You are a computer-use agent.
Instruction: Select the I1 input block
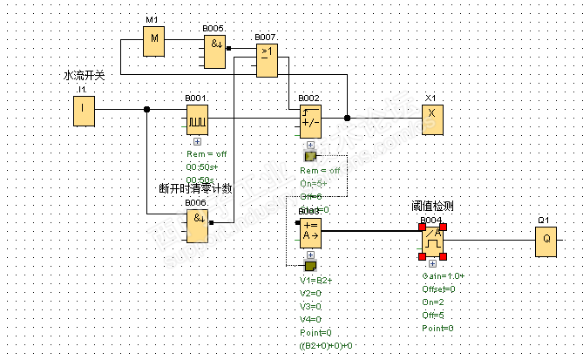coord(84,110)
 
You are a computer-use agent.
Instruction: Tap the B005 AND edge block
coord(214,51)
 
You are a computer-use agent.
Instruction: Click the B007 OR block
coord(267,59)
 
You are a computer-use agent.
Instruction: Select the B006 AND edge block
coord(197,223)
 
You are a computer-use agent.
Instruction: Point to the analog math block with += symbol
coord(309,230)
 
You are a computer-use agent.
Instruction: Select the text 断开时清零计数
coord(195,187)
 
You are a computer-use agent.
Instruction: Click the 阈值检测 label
coord(432,206)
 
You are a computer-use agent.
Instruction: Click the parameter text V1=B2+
coord(317,281)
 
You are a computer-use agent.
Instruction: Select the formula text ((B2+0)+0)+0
coord(326,346)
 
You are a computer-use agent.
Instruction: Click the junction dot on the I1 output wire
coord(146,110)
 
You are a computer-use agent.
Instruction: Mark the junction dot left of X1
coord(347,118)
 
